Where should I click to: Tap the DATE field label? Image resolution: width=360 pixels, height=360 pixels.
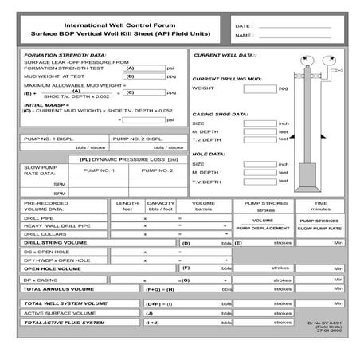click(x=244, y=26)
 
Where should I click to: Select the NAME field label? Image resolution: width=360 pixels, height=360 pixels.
click(x=245, y=36)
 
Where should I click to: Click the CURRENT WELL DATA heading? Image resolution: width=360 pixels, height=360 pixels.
click(x=225, y=55)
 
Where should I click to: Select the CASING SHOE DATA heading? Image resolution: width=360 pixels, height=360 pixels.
click(x=220, y=114)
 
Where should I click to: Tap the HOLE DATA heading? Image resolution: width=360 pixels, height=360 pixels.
click(x=209, y=154)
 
